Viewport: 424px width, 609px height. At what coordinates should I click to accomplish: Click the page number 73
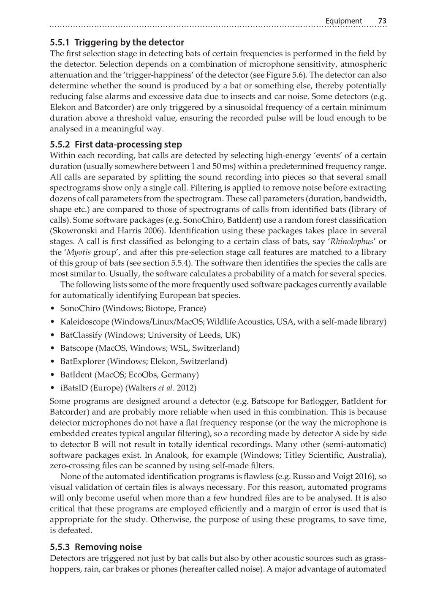pyautogui.click(x=382, y=21)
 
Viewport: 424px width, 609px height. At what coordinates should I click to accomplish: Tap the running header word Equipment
pyautogui.click(x=344, y=21)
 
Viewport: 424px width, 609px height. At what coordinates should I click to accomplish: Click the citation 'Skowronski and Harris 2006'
pyautogui.click(x=102, y=231)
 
